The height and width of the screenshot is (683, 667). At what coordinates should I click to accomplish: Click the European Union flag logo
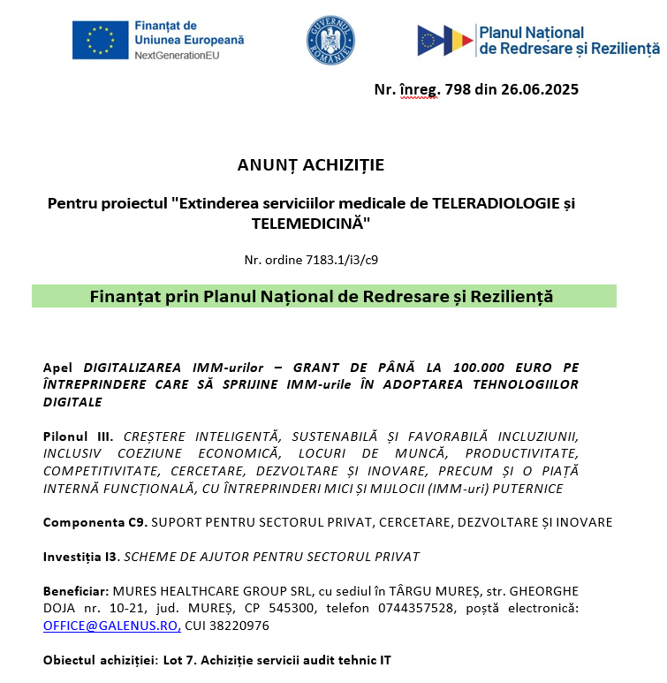100,41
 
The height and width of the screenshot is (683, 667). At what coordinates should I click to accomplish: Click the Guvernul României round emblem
330,41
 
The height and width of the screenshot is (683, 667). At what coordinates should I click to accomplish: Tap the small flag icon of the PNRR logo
446,41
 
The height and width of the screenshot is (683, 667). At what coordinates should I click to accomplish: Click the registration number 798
460,89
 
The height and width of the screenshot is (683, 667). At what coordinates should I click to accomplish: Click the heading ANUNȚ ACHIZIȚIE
311,165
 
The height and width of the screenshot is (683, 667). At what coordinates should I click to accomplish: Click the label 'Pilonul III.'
79,436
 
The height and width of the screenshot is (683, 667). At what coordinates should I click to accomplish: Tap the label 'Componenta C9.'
95,522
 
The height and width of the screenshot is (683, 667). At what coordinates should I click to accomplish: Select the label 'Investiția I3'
80,557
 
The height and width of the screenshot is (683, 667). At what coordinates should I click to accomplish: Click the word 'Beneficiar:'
75,591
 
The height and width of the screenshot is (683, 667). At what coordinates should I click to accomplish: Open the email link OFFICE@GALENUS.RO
111,626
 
